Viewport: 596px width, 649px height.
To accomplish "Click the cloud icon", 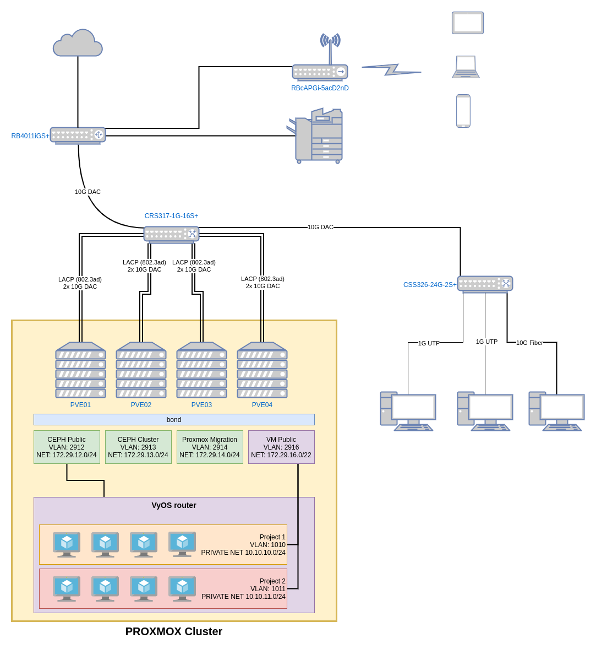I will tap(78, 44).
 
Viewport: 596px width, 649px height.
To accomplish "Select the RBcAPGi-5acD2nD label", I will tap(320, 88).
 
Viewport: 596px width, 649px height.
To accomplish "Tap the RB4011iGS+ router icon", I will tap(78, 135).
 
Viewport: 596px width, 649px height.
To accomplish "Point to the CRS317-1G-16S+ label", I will tap(171, 216).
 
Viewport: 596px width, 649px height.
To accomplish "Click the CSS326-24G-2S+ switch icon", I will tap(485, 284).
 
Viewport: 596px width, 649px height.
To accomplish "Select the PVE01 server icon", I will tap(80, 370).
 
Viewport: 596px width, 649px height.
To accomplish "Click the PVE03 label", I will tap(201, 405).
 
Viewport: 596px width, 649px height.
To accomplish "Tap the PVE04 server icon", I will tap(262, 370).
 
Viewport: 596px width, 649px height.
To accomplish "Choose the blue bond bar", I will tap(174, 420).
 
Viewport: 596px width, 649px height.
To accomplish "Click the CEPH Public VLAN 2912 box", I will tap(67, 447).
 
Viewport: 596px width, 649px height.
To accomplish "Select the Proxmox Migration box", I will tap(210, 447).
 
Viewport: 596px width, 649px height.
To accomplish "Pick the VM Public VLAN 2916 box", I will tap(281, 447).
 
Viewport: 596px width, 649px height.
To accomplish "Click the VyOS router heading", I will tap(174, 505).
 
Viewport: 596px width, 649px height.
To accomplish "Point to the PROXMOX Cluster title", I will tap(174, 631).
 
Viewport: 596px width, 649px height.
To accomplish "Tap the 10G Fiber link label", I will tap(529, 343).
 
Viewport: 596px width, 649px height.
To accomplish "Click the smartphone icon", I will tap(463, 111).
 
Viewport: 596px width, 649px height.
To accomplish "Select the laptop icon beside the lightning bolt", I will tap(466, 67).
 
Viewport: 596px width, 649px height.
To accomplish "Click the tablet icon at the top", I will tap(468, 23).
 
